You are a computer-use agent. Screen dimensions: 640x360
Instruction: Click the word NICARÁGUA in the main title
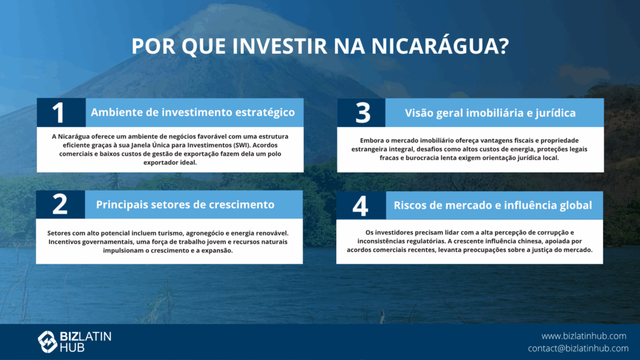pos(434,46)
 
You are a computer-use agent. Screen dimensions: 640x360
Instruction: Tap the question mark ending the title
pos(504,46)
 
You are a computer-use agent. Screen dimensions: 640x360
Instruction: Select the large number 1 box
pos(61,112)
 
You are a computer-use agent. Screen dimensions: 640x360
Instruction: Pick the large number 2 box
pos(61,204)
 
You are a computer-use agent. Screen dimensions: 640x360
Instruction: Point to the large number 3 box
pos(362,112)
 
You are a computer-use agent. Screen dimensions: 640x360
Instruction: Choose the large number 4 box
pos(361,205)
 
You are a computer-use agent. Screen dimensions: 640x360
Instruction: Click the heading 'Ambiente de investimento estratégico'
pos(192,112)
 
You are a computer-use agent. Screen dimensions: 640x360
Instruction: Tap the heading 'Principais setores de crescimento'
pos(185,204)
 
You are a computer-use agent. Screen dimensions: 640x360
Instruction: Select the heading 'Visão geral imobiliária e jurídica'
pos(490,113)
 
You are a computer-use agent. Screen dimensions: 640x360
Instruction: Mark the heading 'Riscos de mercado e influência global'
pos(492,205)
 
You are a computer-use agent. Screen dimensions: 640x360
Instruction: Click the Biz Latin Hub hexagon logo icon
pos(47,342)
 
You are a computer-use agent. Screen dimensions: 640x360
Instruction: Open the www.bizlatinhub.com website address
pos(584,336)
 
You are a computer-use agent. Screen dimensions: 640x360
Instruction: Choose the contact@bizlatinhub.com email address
pos(578,348)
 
